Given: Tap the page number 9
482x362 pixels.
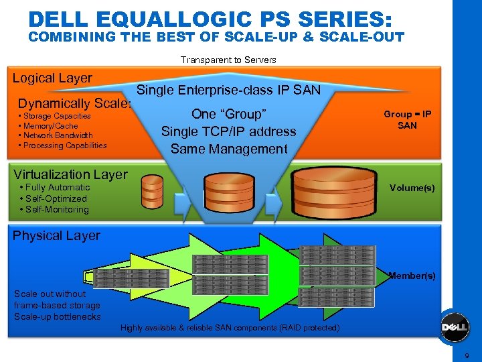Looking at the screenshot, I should [467, 356].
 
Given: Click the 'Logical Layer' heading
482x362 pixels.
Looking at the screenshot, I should [52, 78].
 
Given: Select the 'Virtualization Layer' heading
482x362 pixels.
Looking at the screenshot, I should [70, 174].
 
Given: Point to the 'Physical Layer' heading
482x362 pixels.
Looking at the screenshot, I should [56, 235].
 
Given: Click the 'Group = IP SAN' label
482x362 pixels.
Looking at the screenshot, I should [407, 119].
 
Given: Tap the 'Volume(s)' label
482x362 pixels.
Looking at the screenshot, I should [412, 188].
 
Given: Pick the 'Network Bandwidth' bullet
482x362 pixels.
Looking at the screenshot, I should [56, 135].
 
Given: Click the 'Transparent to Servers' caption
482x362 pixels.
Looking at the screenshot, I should [228, 60].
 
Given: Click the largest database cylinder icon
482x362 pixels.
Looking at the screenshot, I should [335, 191].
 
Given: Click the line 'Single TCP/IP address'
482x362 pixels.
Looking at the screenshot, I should [229, 131].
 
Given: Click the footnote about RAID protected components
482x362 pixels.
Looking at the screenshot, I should [230, 328].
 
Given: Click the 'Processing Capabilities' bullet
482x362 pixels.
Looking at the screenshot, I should [62, 145].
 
